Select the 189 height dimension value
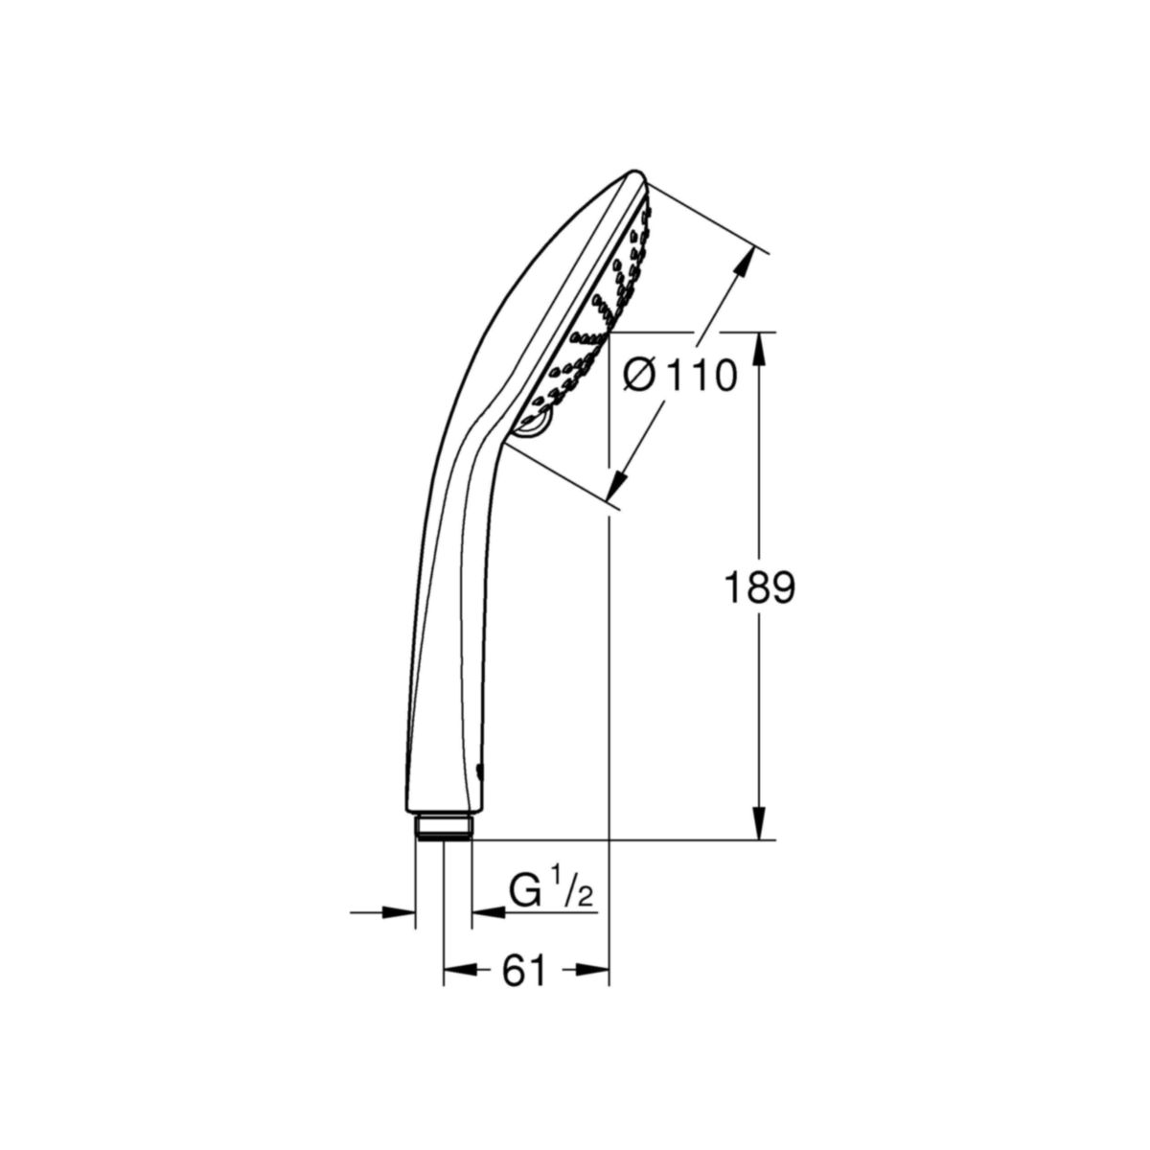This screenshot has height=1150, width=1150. [x=757, y=588]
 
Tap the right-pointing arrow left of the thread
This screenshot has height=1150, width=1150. [x=399, y=911]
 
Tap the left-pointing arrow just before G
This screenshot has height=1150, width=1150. [x=489, y=911]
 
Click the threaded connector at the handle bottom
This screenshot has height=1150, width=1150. [x=444, y=826]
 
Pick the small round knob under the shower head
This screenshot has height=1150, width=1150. [x=533, y=426]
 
